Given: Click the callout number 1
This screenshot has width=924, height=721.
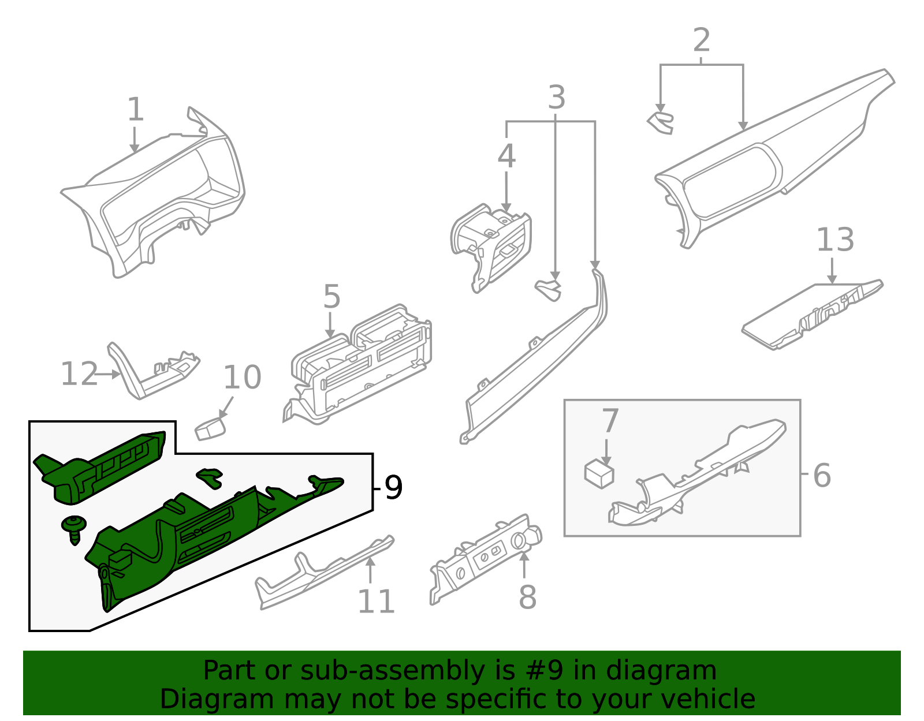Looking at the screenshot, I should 135,110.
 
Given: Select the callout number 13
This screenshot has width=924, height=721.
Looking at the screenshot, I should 835,240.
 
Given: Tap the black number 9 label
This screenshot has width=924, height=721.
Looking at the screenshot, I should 393,488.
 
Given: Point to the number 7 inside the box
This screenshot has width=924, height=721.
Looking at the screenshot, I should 610,421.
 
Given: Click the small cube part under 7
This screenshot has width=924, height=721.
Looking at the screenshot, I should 599,473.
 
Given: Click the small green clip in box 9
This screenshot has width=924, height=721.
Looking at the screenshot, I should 210,477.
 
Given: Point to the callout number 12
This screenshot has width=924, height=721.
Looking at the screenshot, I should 79,374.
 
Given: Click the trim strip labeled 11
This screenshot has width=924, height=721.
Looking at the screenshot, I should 323,574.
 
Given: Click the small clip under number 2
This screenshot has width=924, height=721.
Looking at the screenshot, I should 661,123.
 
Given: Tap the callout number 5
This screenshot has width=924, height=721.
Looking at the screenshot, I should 331,297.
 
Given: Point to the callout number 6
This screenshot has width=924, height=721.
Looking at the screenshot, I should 821,476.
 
